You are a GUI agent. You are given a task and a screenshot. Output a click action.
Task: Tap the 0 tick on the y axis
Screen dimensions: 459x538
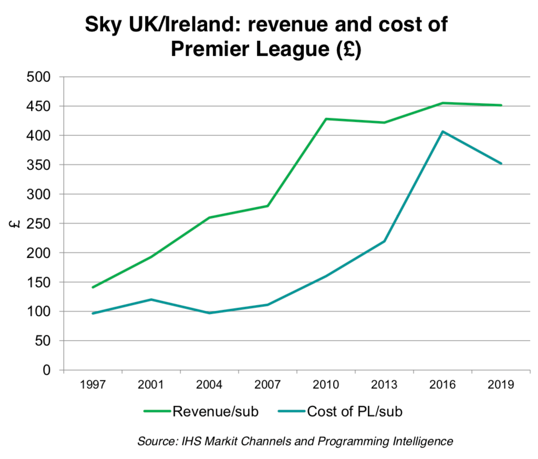pyautogui.click(x=46, y=370)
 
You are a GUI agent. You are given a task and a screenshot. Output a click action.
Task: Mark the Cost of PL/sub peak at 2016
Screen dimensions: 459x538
pyautogui.click(x=443, y=132)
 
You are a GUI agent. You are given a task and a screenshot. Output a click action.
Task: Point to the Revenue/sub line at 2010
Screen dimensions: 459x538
pyautogui.click(x=326, y=119)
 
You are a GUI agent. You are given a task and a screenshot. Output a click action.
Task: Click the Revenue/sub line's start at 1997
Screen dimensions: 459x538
pyautogui.click(x=93, y=287)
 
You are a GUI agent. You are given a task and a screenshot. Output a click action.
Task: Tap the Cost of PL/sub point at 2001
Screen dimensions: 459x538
pyautogui.click(x=151, y=300)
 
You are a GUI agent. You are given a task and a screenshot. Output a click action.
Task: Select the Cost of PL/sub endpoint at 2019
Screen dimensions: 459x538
pyautogui.click(x=501, y=164)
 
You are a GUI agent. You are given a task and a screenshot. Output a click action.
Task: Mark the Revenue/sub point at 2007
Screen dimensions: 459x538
pyautogui.click(x=267, y=206)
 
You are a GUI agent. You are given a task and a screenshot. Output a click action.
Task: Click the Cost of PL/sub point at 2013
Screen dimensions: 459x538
pyautogui.click(x=384, y=241)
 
